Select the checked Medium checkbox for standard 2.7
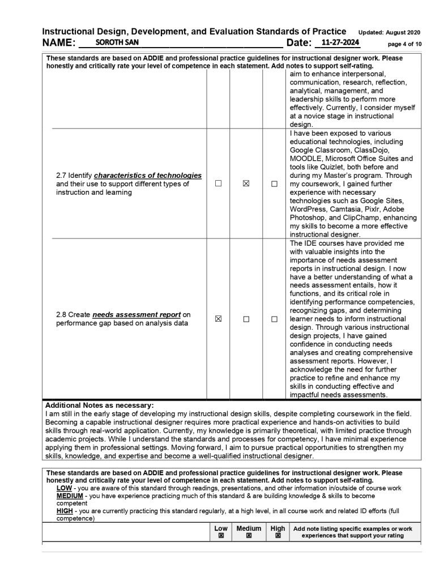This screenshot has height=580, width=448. [246, 184]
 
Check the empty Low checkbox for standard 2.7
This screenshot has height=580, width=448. [218, 184]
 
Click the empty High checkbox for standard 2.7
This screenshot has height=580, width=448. [274, 184]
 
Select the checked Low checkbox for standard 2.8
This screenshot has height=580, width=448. [218, 319]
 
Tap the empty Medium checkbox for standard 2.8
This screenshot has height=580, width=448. [246, 319]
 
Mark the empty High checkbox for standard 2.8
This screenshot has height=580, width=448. [274, 319]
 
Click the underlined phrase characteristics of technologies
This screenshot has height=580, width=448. [148, 176]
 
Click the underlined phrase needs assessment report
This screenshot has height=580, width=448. [136, 314]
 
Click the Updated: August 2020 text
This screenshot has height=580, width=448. [390, 32]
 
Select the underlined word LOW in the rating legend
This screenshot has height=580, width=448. [65, 488]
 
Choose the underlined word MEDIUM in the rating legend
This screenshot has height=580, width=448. [70, 496]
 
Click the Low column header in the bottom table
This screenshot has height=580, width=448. [221, 528]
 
